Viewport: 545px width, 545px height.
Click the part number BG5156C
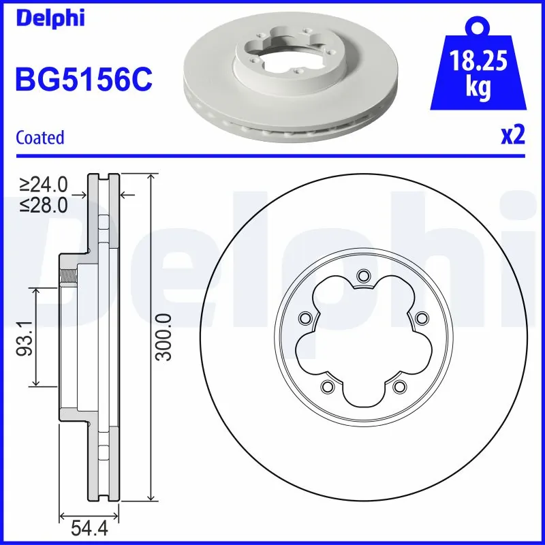coord(83,79)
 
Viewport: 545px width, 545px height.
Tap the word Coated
coord(40,138)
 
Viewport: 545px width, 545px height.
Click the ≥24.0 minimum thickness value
coord(44,184)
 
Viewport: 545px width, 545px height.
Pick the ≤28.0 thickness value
coord(44,205)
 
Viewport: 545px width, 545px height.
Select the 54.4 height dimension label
coord(89,529)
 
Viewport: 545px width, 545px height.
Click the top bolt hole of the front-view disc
coord(362,276)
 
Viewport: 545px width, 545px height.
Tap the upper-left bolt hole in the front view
coord(305,317)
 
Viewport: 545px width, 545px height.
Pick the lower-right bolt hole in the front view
coord(399,387)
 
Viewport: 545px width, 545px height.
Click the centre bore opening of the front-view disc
coord(362,341)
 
